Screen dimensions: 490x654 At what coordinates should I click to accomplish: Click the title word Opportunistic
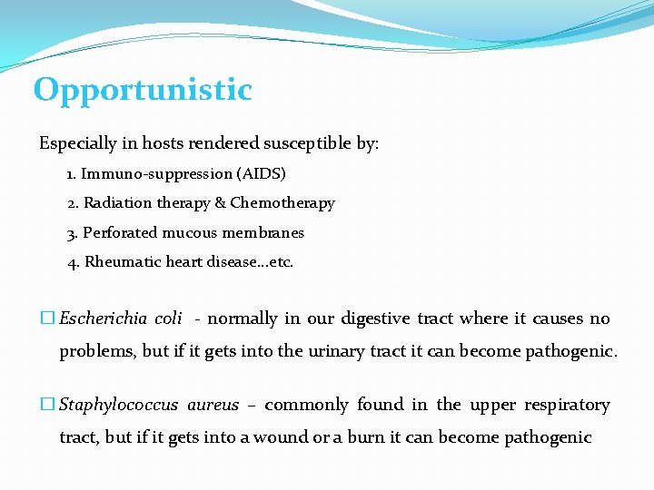click(143, 91)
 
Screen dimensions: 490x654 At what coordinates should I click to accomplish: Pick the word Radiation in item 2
click(116, 203)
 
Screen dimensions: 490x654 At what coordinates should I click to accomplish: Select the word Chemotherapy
click(282, 203)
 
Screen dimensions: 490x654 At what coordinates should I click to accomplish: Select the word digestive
click(376, 318)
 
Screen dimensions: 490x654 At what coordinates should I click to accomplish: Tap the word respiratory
click(564, 405)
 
